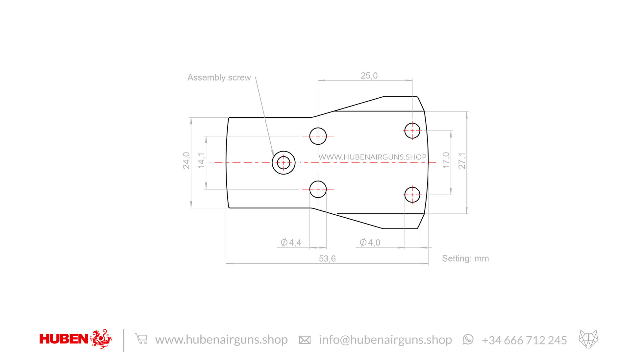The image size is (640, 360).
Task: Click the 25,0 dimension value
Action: point(369,76)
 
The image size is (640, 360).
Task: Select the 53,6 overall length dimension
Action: point(327,259)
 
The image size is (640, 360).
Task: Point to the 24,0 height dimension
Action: point(186,160)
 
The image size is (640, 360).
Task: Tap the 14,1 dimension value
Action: point(201,160)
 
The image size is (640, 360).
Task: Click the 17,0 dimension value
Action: point(446,160)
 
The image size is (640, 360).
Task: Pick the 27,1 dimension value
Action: point(462,160)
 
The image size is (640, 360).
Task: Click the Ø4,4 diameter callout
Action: point(291,243)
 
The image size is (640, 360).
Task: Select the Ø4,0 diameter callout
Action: point(370,243)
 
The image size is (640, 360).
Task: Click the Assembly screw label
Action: point(219,78)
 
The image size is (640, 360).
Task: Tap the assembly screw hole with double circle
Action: point(283,151)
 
